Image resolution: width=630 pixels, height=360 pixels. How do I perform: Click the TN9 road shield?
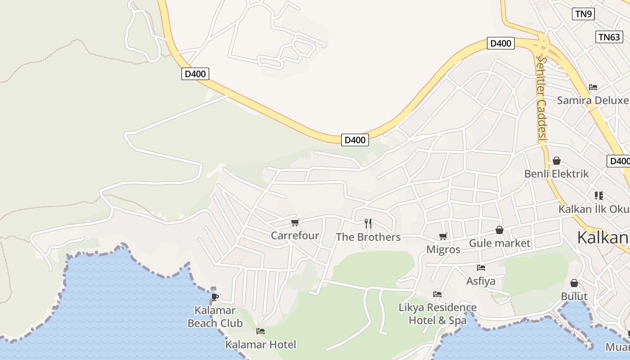583,14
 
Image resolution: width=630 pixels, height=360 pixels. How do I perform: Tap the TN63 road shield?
609,37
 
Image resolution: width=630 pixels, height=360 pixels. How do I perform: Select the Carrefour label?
295,235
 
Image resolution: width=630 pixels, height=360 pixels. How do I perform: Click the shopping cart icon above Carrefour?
295,222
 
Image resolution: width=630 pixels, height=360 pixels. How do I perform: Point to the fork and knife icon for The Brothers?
368,223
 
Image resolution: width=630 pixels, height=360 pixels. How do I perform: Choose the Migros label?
443,249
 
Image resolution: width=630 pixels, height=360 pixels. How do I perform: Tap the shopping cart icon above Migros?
443,236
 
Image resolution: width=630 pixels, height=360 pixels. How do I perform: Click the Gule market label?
499,243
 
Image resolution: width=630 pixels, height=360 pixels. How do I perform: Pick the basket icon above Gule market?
499,230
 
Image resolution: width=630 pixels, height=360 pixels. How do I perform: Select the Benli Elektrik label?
556,174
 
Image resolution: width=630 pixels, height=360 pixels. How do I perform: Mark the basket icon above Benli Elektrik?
557,161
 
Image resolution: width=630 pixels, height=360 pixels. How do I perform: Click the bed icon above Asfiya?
481,268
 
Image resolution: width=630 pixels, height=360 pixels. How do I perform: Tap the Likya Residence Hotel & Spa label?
437,314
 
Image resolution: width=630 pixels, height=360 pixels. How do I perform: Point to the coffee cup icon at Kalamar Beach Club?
215,297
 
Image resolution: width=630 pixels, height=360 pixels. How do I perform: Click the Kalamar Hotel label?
261,345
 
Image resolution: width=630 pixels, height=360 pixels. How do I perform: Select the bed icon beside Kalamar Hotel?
261,332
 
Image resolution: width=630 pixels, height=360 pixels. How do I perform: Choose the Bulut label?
574,296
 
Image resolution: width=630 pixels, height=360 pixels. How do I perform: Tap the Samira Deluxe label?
593,100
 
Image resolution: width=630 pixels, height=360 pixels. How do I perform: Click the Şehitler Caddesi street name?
541,99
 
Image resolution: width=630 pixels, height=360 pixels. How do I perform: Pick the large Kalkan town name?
603,237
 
